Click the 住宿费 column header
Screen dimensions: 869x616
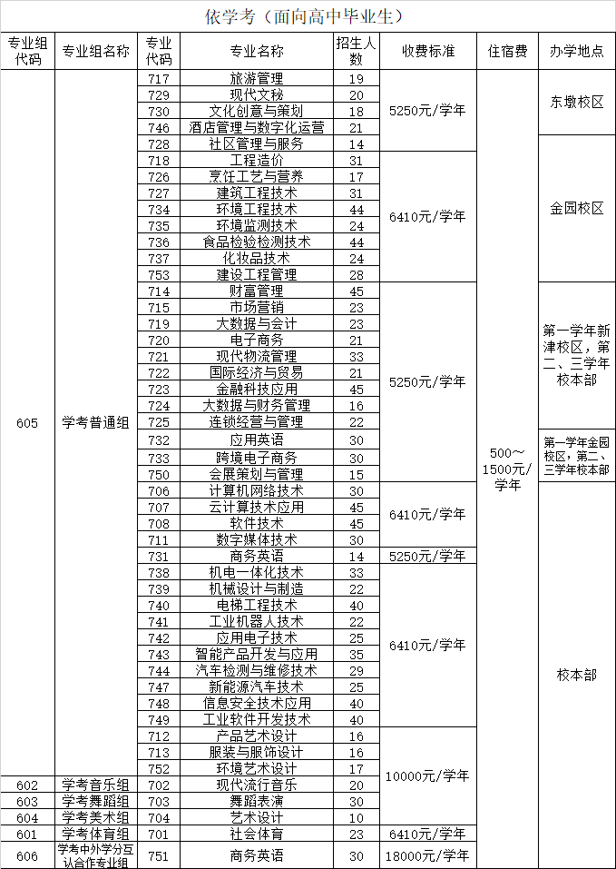(507, 51)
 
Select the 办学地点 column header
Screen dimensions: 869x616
(576, 51)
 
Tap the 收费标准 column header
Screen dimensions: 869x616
(428, 51)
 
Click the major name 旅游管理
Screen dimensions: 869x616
(257, 79)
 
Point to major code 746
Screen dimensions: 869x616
(159, 128)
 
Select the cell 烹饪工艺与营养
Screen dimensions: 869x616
(257, 177)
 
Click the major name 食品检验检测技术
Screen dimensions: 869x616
(257, 242)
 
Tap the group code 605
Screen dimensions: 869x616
(28, 423)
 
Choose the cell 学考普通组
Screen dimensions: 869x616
(95, 423)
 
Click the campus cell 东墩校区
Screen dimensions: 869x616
(576, 103)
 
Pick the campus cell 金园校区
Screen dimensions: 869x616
(576, 209)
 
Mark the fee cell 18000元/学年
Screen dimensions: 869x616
(428, 856)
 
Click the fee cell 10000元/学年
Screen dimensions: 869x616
(428, 776)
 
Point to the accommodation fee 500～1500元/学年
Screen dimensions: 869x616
(507, 469)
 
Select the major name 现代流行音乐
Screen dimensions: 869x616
(257, 785)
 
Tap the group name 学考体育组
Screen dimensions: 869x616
(95, 834)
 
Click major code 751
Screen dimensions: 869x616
(159, 856)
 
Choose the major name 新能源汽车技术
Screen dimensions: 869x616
(257, 687)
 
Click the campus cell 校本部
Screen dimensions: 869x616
(576, 675)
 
